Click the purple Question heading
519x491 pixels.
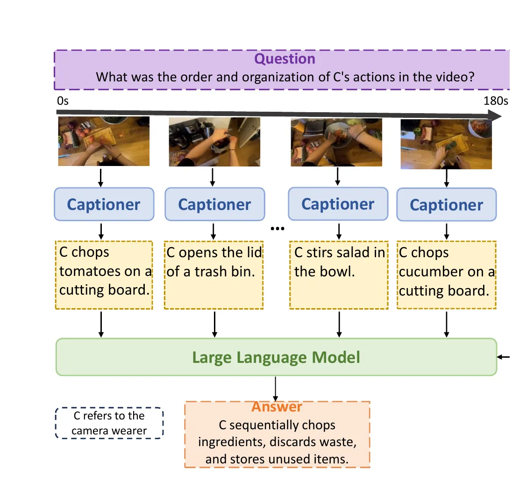(x=284, y=58)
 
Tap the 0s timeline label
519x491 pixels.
(x=63, y=101)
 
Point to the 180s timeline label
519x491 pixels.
(x=496, y=101)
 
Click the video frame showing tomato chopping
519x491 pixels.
(x=104, y=141)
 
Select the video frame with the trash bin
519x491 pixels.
(x=214, y=142)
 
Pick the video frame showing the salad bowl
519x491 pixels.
(x=336, y=142)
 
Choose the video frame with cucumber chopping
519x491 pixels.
(x=446, y=144)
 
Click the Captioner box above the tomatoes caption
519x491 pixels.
(x=104, y=204)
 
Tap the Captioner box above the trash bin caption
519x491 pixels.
(x=215, y=204)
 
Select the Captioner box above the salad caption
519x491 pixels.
(x=338, y=204)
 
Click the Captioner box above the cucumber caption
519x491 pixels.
(x=447, y=205)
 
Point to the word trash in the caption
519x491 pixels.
(x=211, y=272)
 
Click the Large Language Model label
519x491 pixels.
(x=276, y=357)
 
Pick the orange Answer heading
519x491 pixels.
(x=277, y=407)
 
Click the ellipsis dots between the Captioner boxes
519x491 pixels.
(x=277, y=228)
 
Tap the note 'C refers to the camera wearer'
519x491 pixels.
(x=109, y=423)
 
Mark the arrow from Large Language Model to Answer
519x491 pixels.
(x=276, y=389)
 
